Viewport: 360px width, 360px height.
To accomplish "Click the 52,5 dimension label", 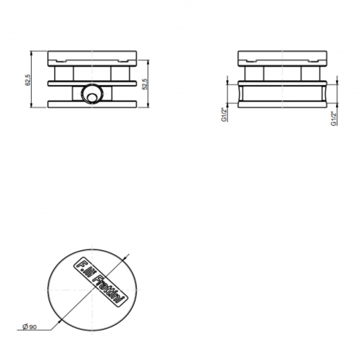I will pos(144,84).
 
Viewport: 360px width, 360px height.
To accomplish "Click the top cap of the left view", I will pos(94,58).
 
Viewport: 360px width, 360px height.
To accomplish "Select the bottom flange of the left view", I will pos(94,106).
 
